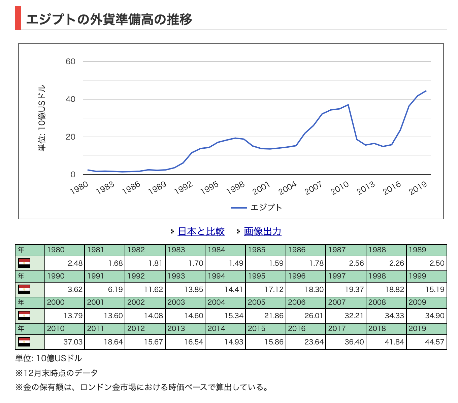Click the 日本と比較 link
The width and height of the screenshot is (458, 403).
click(201, 231)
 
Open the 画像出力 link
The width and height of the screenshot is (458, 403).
click(262, 231)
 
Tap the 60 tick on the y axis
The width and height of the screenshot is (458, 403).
click(71, 62)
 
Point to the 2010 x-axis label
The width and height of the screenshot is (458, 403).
click(339, 188)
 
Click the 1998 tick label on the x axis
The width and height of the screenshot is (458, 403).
click(235, 188)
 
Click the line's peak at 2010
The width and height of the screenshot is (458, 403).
click(348, 105)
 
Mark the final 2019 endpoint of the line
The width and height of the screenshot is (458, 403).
click(426, 90)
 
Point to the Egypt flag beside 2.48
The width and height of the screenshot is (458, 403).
click(24, 263)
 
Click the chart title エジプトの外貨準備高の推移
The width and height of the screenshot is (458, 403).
click(109, 19)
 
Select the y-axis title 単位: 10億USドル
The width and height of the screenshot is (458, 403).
click(42, 118)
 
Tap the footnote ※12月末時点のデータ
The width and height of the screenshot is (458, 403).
click(57, 373)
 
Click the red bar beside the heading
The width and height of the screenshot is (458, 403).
click(18, 18)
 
